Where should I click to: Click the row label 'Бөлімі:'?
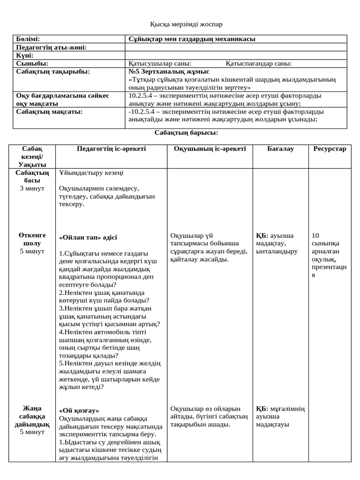[28, 39]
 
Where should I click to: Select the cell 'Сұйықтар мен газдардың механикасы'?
[192, 39]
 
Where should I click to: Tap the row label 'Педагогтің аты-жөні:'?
[51, 47]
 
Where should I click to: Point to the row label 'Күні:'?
[24, 55]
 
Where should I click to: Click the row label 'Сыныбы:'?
[32, 63]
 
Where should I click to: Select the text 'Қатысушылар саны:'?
[159, 63]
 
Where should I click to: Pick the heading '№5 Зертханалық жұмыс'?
[168, 72]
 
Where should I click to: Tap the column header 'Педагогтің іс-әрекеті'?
[111, 149]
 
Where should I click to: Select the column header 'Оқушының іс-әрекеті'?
[210, 149]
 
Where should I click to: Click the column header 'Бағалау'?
[280, 149]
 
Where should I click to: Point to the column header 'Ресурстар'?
[330, 149]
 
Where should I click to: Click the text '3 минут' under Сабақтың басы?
[32, 188]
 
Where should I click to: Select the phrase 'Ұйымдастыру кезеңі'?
[91, 172]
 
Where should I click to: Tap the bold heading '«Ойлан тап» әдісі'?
[88, 237]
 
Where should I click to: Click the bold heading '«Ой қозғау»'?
[79, 410]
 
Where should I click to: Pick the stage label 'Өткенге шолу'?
[32, 240]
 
